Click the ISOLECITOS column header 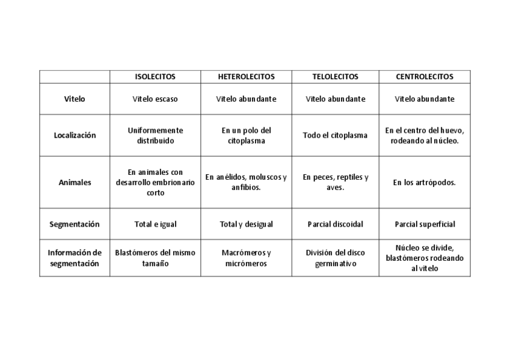click(x=155, y=77)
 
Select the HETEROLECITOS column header click(x=246, y=77)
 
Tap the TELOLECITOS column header click(x=335, y=77)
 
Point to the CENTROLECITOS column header click(x=425, y=77)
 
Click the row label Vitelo click(x=75, y=99)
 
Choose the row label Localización click(x=75, y=135)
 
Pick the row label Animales click(x=75, y=182)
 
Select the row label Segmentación click(x=75, y=224)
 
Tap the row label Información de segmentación click(x=75, y=258)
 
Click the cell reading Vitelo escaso click(x=155, y=99)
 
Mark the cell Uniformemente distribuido click(x=155, y=135)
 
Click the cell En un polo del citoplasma click(x=246, y=135)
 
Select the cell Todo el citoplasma click(x=335, y=135)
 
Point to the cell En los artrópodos click(x=425, y=182)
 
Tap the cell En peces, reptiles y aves click(x=335, y=182)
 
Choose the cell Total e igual click(x=155, y=224)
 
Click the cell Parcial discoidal click(x=335, y=224)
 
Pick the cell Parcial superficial click(x=425, y=224)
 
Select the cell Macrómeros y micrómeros click(x=246, y=258)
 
